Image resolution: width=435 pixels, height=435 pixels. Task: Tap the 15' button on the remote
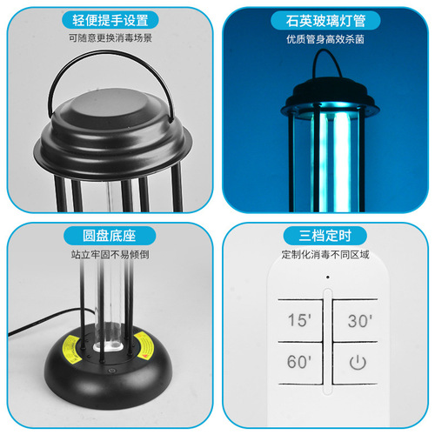coord(298,319)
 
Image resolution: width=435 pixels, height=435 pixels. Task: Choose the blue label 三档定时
coord(325,237)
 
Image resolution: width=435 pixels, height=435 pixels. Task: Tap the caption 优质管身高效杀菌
coord(325,40)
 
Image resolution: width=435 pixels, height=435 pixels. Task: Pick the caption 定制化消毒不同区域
coord(325,256)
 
